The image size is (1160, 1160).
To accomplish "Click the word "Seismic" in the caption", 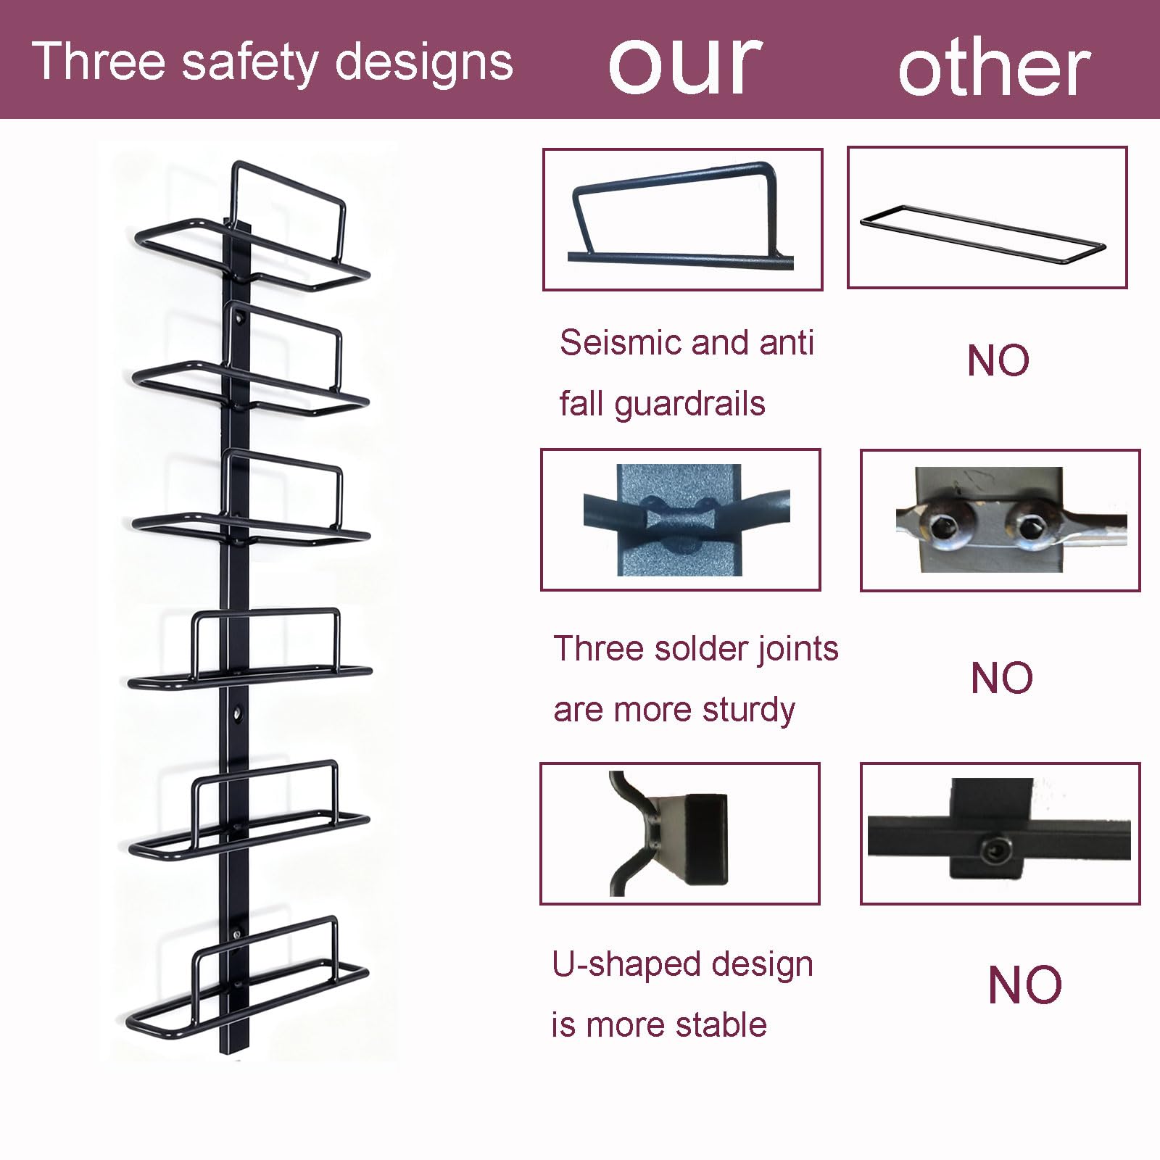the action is click(x=620, y=342).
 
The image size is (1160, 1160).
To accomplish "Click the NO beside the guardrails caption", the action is click(x=998, y=360).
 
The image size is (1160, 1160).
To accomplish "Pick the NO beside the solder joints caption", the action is click(x=1001, y=678).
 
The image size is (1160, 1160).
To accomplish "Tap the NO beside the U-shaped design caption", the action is click(x=1024, y=985).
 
